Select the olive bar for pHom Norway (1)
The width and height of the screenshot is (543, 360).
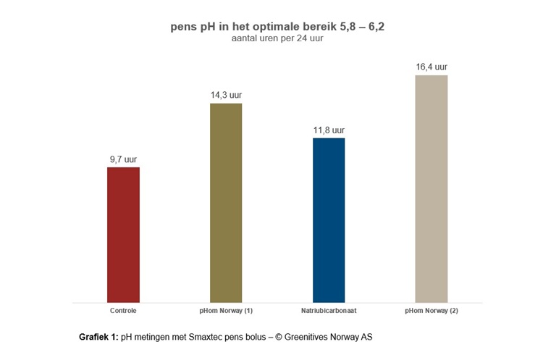click(226, 203)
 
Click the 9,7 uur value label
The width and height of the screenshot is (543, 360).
click(123, 158)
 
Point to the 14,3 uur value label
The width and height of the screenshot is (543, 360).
click(226, 94)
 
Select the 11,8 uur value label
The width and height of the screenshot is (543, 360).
click(329, 130)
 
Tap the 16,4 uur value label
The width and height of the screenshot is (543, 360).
click(432, 67)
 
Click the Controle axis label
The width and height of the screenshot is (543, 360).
click(123, 311)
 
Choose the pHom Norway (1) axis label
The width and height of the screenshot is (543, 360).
click(226, 311)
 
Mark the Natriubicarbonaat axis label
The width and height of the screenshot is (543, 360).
click(329, 311)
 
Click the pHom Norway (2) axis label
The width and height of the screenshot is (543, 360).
click(432, 311)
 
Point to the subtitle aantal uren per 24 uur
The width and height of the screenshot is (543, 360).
click(271, 39)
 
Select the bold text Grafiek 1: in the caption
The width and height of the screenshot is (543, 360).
click(98, 338)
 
